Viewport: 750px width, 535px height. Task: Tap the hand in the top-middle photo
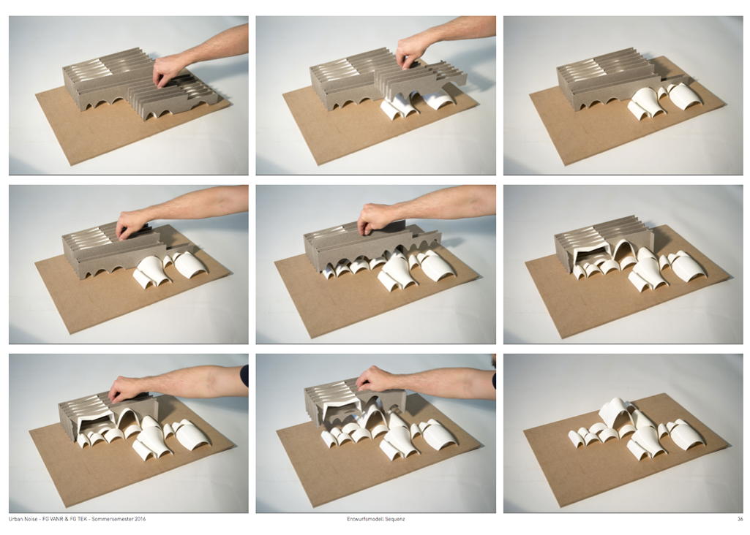click(411, 52)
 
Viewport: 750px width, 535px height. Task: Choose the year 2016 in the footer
click(140, 519)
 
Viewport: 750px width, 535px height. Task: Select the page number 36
click(740, 519)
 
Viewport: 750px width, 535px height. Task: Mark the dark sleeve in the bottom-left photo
click(244, 376)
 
